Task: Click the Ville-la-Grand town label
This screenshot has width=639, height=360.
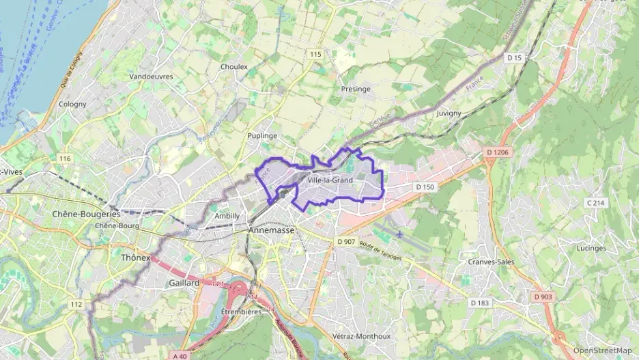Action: point(330,180)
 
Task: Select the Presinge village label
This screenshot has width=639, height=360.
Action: point(355,89)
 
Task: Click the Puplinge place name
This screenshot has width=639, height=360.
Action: point(262,136)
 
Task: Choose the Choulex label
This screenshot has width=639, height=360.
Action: point(234,67)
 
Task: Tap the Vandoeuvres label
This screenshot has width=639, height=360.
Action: point(151,77)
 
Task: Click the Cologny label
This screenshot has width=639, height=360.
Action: point(72,105)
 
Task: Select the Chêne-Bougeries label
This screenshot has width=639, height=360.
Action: point(86,214)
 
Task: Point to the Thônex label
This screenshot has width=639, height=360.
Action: point(134,258)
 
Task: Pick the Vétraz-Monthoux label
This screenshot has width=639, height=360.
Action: point(361,336)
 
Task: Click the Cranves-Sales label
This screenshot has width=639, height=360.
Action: point(491,262)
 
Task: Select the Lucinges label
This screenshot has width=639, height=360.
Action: point(591,248)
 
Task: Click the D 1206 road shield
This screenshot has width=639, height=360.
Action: point(498,152)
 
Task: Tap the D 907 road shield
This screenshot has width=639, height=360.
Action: point(346,242)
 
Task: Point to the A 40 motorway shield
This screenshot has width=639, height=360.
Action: point(180,356)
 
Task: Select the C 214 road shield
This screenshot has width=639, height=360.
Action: point(595,203)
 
